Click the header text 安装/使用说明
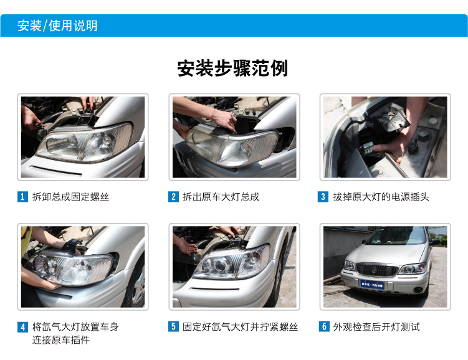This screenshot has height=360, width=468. (57, 26)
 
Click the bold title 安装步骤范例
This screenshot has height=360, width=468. (232, 69)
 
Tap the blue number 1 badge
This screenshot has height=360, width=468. (22, 197)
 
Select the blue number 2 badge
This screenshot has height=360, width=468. (173, 197)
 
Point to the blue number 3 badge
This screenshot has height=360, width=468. (323, 197)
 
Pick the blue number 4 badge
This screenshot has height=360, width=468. (22, 327)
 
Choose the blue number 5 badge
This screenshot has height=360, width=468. (173, 326)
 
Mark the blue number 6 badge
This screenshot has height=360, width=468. (324, 326)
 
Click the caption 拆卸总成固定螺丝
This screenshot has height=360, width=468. (71, 197)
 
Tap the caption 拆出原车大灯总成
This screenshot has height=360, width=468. (221, 197)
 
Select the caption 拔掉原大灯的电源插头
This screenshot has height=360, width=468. (381, 197)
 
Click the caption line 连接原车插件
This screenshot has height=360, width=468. (61, 340)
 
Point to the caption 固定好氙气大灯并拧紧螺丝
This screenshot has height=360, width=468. (241, 327)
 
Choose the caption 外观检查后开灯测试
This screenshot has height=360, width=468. (376, 327)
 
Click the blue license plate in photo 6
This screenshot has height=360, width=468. (372, 285)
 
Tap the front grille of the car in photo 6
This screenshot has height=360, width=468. (377, 269)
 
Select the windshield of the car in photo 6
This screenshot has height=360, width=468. (397, 235)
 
